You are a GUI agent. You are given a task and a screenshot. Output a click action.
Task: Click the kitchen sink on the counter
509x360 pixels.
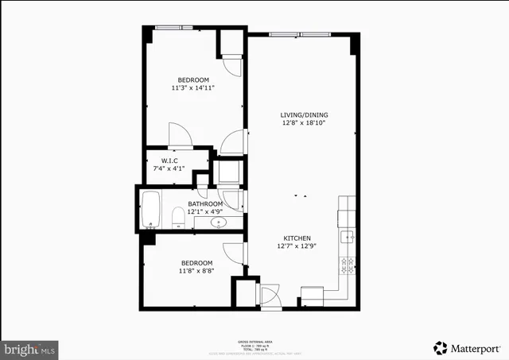(347, 237)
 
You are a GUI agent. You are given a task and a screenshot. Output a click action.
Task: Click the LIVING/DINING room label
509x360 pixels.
(304, 114)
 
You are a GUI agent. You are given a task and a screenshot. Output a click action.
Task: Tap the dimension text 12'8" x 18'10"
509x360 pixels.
(304, 123)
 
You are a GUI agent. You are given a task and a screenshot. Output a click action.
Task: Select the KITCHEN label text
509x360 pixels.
(296, 238)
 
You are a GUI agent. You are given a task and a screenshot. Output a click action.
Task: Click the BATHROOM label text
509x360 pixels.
(205, 203)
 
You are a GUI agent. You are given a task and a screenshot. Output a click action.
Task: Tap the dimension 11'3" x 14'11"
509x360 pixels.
(193, 88)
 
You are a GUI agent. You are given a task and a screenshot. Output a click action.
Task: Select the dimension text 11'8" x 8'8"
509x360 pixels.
(196, 271)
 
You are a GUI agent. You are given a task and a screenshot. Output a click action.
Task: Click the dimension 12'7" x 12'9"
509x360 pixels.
(296, 246)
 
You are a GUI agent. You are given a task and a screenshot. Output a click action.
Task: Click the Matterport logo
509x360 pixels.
(466, 347)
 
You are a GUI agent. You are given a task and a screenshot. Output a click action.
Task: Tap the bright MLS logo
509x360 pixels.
(30, 348)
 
